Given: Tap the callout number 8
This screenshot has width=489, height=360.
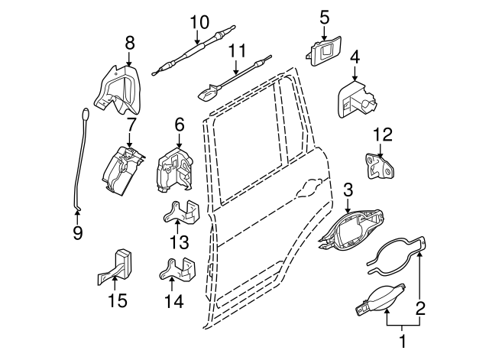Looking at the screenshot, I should pyautogui.click(x=129, y=43).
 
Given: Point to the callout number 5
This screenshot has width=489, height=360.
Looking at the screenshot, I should pyautogui.click(x=324, y=15).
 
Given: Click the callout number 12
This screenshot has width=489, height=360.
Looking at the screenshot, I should pyautogui.click(x=382, y=135).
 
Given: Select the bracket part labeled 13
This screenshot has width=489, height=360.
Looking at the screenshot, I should pyautogui.click(x=181, y=212).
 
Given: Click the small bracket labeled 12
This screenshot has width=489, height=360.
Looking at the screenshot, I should pyautogui.click(x=380, y=166).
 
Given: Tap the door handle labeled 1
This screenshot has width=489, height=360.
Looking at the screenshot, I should pyautogui.click(x=377, y=297).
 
